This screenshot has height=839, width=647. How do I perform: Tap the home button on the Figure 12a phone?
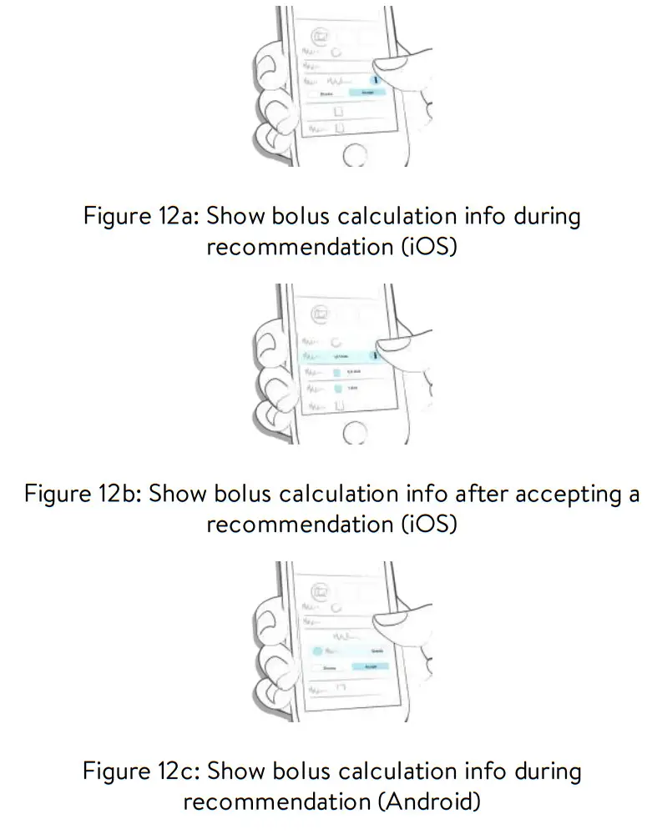point(355,154)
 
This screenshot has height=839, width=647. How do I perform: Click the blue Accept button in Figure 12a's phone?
point(366,93)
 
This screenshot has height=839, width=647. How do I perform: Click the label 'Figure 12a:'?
point(139,217)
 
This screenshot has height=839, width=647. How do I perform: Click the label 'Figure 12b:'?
point(81,494)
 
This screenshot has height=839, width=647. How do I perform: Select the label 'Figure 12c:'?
point(139,771)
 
